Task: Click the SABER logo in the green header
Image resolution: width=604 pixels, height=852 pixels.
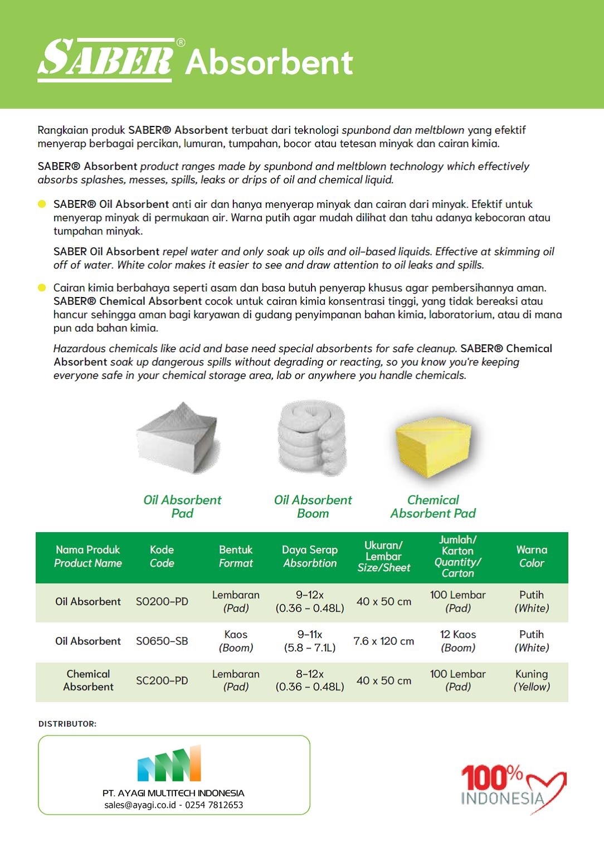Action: coord(106,59)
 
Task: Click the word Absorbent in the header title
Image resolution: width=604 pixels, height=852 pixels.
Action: coord(269,62)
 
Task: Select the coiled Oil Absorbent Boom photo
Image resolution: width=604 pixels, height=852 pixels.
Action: coord(312,439)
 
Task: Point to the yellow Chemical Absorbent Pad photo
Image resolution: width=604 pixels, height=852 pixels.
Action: coord(433,446)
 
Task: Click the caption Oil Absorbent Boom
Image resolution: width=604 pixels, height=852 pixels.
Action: coord(313,507)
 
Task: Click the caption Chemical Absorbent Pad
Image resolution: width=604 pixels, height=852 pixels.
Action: coord(433,507)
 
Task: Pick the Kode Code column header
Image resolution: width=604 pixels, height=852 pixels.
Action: coord(162,556)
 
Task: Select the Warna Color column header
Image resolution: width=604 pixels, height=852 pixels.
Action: coord(532,556)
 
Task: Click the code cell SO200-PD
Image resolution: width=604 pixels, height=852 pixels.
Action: coord(162,602)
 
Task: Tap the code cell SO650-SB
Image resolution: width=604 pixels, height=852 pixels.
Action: coord(162,641)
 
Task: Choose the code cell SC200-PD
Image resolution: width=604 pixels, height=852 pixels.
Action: coord(162,681)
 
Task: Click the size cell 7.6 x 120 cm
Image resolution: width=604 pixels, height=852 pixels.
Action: coord(383,641)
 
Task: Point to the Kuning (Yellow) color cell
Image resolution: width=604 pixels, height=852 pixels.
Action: coord(532,680)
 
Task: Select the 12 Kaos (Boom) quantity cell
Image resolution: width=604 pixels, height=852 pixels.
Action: coord(457,641)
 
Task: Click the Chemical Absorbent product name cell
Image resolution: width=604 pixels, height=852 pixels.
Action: coord(88,680)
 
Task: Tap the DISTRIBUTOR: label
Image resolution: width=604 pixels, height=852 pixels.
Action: coord(67,724)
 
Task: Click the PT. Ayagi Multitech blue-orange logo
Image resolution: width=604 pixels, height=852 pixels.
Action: coord(169,763)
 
